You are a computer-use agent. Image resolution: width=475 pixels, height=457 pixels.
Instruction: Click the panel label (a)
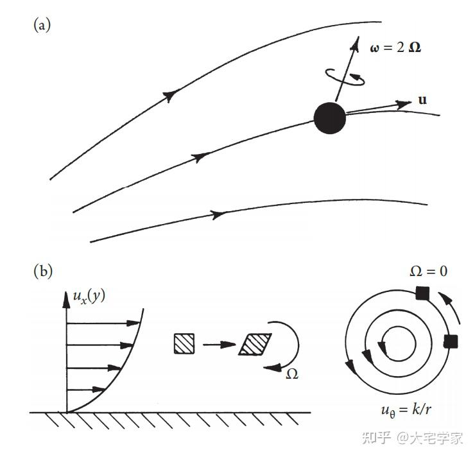pos(42,26)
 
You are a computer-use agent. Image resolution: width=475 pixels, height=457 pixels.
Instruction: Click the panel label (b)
pos(42,271)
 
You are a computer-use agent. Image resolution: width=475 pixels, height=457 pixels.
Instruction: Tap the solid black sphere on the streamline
pos(330,117)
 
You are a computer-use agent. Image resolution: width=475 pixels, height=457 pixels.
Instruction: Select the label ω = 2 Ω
pos(396,47)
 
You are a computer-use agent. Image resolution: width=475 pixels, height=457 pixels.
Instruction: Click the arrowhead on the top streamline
pos(169,96)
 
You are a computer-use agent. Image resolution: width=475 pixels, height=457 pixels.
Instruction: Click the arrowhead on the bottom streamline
pos(220,214)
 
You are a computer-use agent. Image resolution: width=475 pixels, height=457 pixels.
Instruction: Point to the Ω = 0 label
pos(429,271)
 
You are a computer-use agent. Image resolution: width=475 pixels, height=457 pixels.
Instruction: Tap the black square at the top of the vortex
pos(422,294)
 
